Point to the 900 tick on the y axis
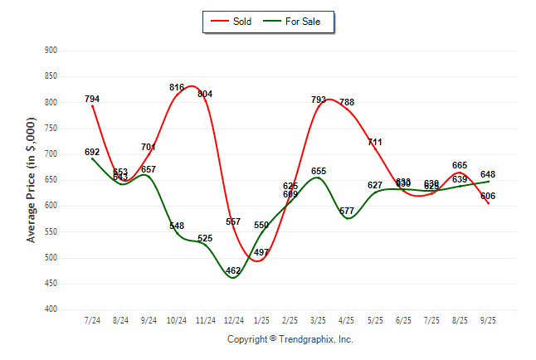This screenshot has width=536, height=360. [x=51, y=51]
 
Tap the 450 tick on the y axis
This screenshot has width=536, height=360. [x=51, y=284]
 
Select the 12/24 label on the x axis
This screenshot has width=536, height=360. [x=233, y=320]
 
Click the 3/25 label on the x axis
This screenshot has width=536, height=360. [x=319, y=320]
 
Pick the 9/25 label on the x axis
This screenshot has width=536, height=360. [x=488, y=320]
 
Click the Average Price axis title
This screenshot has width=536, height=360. [x=32, y=180]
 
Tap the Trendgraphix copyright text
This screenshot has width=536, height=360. [x=290, y=339]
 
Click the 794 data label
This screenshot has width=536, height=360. [x=92, y=100]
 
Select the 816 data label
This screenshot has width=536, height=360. [x=177, y=87]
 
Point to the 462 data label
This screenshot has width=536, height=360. [x=233, y=270]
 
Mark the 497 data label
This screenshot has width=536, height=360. [x=261, y=252]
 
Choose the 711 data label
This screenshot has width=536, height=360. [x=375, y=143]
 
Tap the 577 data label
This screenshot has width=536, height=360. [x=347, y=212]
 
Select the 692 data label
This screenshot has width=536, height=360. [x=92, y=152]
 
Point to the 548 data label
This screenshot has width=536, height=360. [x=177, y=226]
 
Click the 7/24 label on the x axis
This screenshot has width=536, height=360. [x=92, y=320]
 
